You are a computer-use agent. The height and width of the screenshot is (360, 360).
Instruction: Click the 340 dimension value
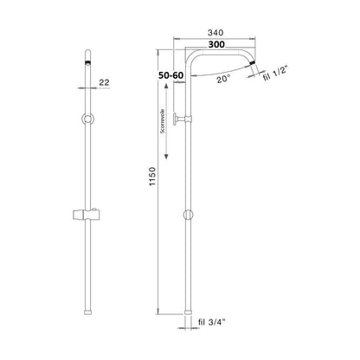(215, 33)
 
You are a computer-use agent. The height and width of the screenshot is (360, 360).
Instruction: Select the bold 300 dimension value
(216, 44)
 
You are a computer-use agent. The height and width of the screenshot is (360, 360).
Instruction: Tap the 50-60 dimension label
(170, 75)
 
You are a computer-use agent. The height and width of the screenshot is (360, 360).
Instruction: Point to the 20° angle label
(223, 79)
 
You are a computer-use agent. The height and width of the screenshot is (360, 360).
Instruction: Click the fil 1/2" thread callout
(275, 74)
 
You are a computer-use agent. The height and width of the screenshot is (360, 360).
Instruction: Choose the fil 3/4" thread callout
(211, 322)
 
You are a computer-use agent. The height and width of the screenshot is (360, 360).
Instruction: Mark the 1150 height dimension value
(152, 177)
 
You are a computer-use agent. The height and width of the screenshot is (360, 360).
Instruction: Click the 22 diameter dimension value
(104, 82)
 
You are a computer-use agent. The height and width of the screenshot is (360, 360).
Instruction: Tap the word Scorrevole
(163, 121)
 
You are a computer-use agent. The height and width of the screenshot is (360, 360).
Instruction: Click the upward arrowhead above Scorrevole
(166, 86)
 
